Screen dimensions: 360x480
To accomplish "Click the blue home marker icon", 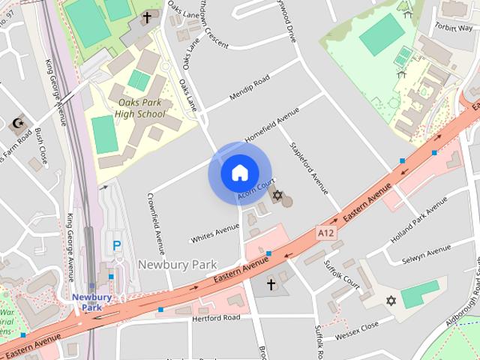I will (239, 172).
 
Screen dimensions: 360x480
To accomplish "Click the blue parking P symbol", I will (116, 245).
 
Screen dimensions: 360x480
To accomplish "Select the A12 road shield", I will (325, 233).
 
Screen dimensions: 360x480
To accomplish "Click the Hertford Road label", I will (216, 318).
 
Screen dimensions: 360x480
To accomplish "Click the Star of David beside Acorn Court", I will (277, 196).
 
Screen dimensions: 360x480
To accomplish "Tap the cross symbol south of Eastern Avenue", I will (271, 284).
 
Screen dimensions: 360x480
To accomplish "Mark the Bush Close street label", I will (40, 146).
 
